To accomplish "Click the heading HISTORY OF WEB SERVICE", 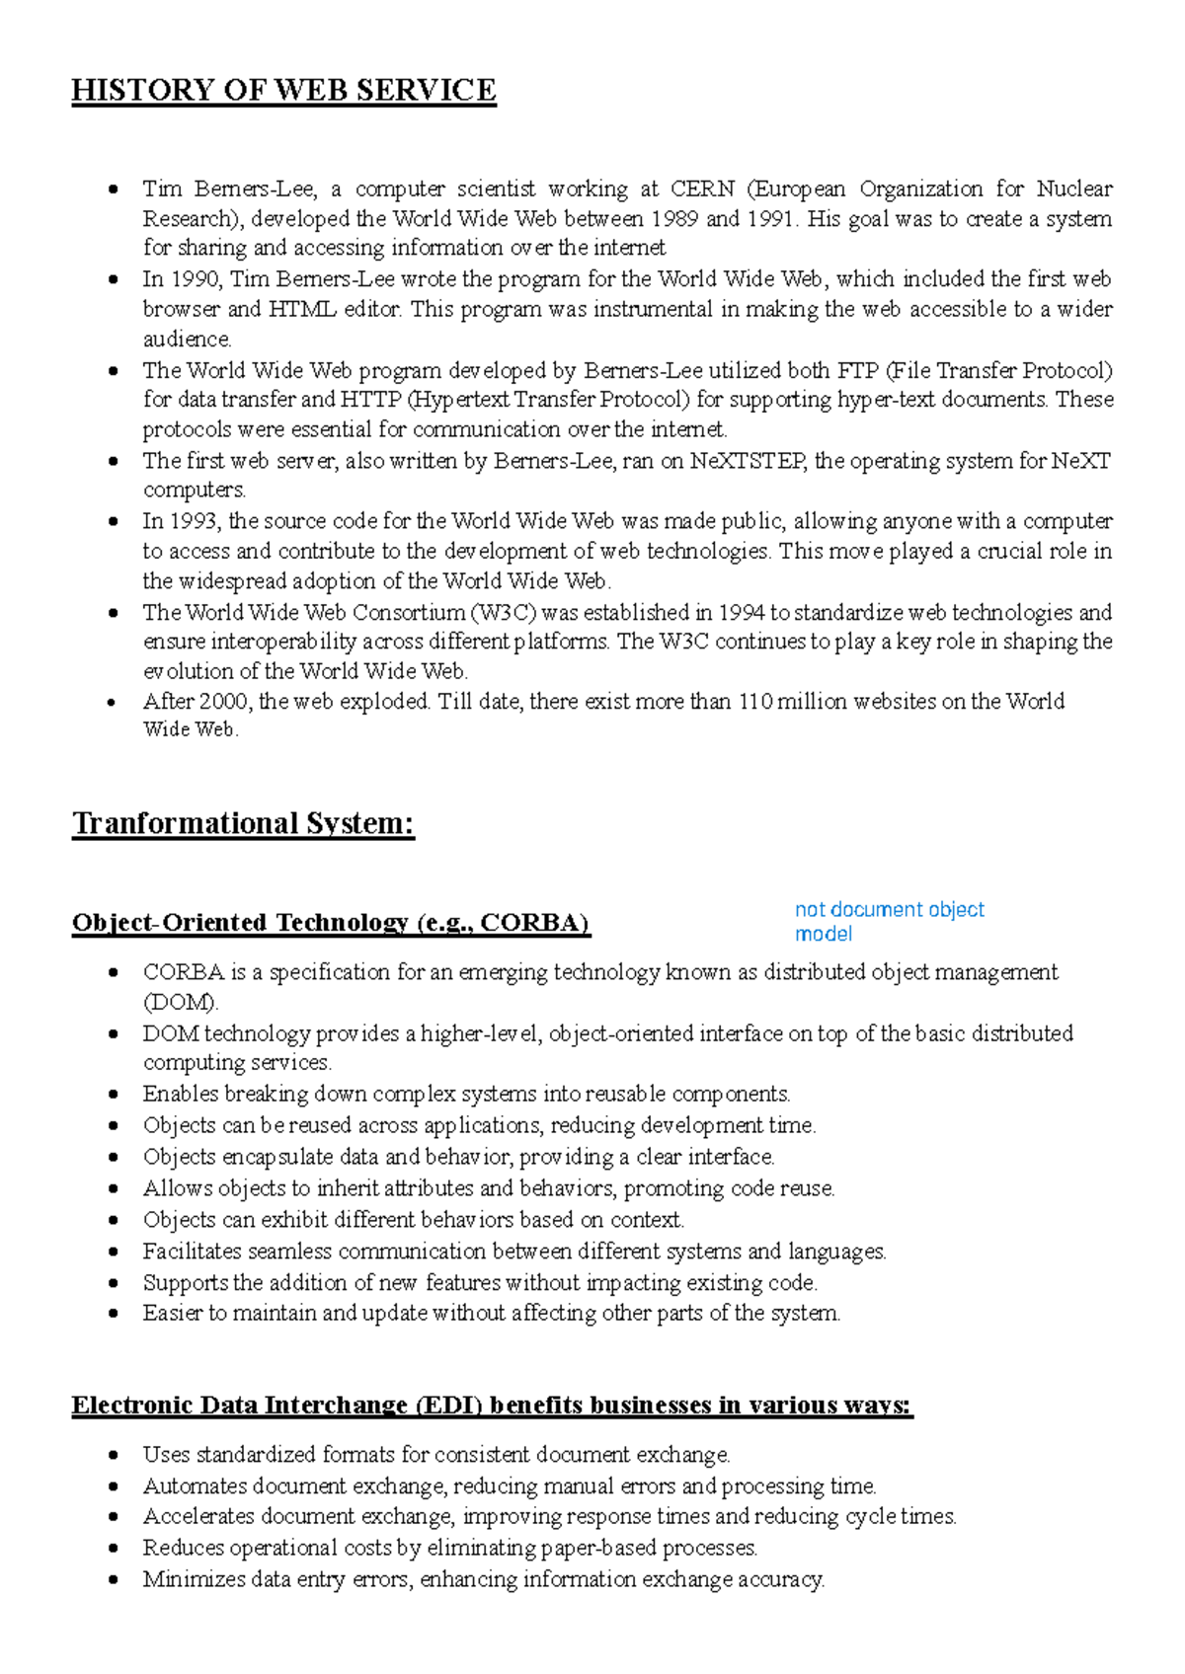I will coord(283,91).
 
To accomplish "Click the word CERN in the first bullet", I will coord(702,189).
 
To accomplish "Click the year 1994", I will coord(741,612).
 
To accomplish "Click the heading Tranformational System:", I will coord(243,823).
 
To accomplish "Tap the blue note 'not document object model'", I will coord(889,921).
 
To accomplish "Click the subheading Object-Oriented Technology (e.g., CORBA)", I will coord(330,923).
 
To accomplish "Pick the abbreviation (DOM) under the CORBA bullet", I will coord(180,1003).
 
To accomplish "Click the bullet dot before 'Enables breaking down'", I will coord(115,1095).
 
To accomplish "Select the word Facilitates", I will coord(193,1252).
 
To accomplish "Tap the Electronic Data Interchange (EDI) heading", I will coord(492,1406).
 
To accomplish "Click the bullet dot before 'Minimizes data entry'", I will coord(115,1579).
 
